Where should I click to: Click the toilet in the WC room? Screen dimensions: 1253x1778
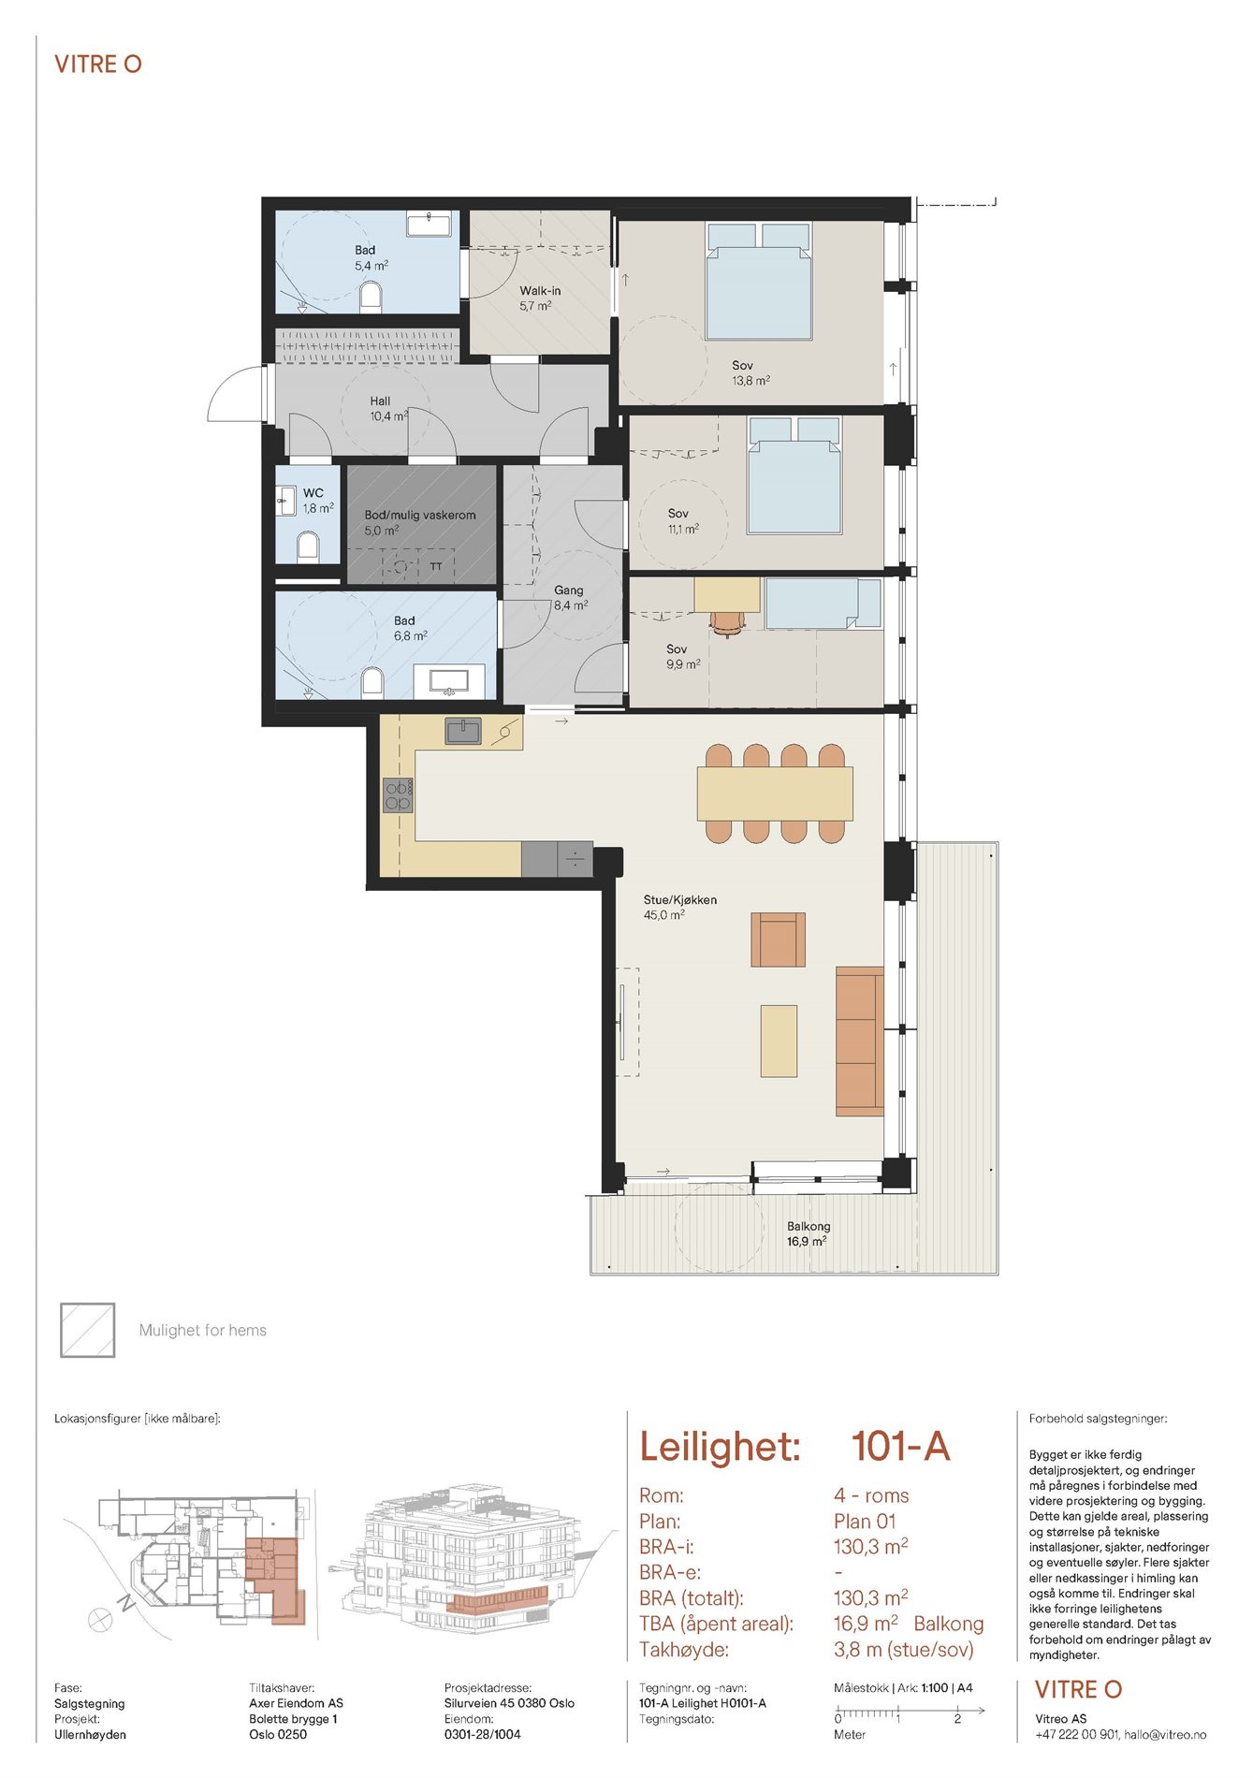pyautogui.click(x=308, y=546)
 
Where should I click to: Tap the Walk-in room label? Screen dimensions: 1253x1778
pyautogui.click(x=540, y=291)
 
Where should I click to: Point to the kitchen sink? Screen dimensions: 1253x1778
pyautogui.click(x=463, y=731)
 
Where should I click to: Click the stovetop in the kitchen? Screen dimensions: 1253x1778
pyautogui.click(x=398, y=795)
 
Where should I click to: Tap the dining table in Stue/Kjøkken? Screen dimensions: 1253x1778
pyautogui.click(x=775, y=794)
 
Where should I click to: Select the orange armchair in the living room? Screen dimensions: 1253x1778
pyautogui.click(x=779, y=940)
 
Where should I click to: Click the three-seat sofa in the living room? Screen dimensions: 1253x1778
pyautogui.click(x=860, y=1042)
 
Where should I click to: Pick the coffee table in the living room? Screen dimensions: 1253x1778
pyautogui.click(x=779, y=1041)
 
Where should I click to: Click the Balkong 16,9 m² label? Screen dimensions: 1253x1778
pyautogui.click(x=809, y=1233)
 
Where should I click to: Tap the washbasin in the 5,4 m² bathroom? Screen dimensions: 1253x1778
pyautogui.click(x=430, y=224)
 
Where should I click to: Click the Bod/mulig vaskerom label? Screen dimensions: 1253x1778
pyautogui.click(x=420, y=515)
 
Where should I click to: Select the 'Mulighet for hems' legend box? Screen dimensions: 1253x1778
pyautogui.click(x=88, y=1330)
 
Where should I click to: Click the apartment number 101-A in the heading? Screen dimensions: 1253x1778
pyautogui.click(x=900, y=1447)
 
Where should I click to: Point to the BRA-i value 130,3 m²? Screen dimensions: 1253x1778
pyautogui.click(x=870, y=1546)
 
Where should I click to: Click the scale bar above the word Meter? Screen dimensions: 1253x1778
pyautogui.click(x=910, y=1712)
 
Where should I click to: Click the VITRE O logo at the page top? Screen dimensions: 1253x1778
pyautogui.click(x=98, y=65)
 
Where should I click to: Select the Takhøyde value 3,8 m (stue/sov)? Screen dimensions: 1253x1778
pyautogui.click(x=904, y=1650)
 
